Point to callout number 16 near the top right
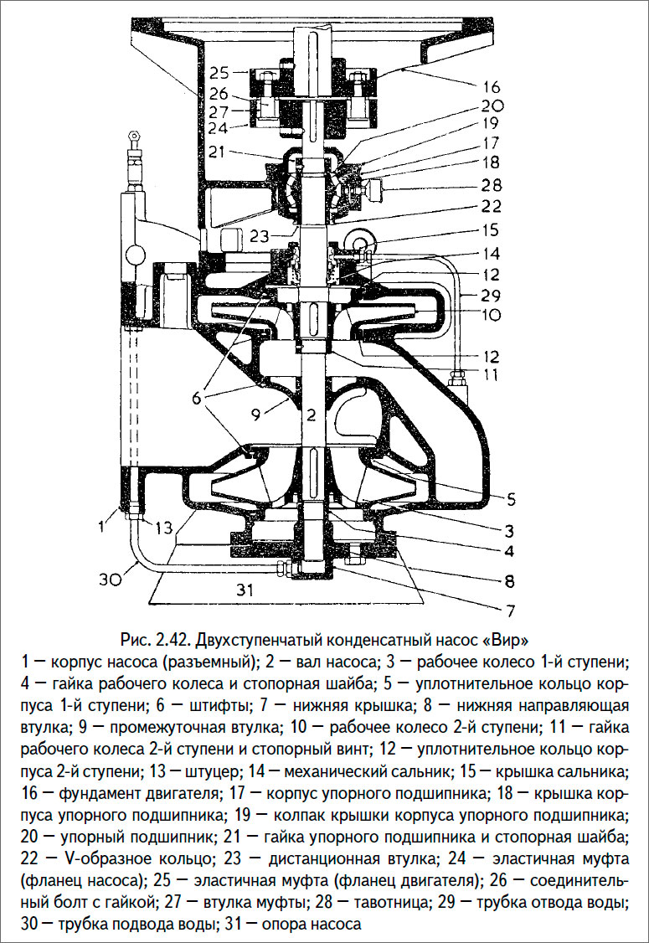point(491,86)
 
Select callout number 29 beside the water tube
point(491,295)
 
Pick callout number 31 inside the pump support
point(245,590)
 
